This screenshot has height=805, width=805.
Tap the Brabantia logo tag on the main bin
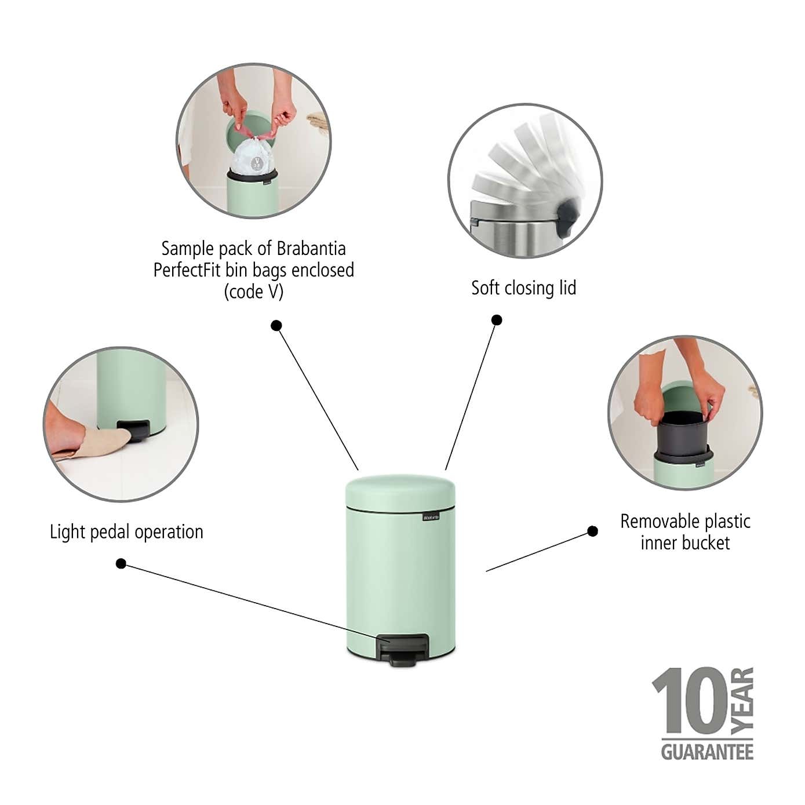[430, 516]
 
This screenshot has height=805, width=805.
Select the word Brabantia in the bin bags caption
[311, 249]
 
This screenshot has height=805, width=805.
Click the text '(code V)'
[254, 292]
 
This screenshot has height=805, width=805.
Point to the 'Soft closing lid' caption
[523, 288]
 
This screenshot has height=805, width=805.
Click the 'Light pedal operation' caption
[126, 532]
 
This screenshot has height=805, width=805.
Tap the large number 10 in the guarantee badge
[690, 701]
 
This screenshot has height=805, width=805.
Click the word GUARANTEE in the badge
[707, 752]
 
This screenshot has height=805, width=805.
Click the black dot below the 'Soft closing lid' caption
[497, 320]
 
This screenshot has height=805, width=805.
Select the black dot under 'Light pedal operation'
[121, 563]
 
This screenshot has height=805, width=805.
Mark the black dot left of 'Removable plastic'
[592, 531]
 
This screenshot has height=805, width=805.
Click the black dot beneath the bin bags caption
[276, 326]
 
